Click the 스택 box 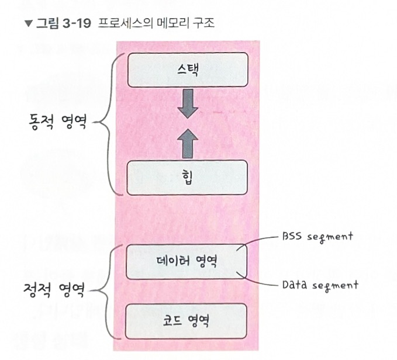click(187, 69)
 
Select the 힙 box click(187, 177)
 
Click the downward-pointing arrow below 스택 click(187, 103)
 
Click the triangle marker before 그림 click(27, 24)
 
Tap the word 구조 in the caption click(202, 24)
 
